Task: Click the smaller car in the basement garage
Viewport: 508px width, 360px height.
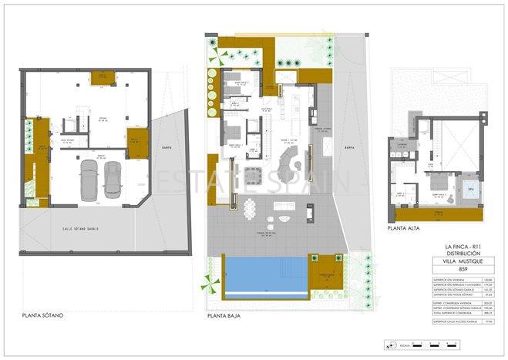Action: click(x=113, y=182)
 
